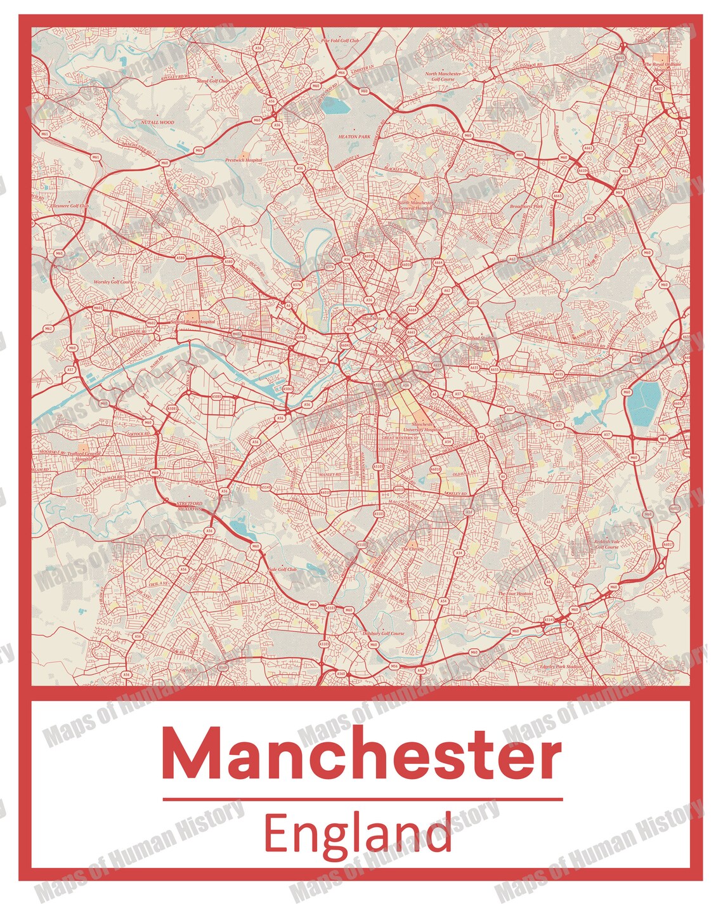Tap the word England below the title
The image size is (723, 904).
coord(358,835)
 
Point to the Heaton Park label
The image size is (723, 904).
coord(354,136)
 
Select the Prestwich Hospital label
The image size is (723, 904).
coord(244,160)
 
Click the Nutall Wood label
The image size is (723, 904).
coord(157,122)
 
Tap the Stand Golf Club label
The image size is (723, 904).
coord(212,81)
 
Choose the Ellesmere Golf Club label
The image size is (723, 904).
coord(70,206)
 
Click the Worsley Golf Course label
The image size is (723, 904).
coord(114,282)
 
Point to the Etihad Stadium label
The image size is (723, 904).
coord(482,339)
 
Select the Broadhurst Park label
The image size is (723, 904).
coord(526,206)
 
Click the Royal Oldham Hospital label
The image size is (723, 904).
coord(662,66)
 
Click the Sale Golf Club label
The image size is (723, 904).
coord(283,569)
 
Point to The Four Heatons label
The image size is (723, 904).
coord(516,594)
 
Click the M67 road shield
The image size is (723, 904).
coord(663,439)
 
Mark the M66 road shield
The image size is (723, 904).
coord(341,73)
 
